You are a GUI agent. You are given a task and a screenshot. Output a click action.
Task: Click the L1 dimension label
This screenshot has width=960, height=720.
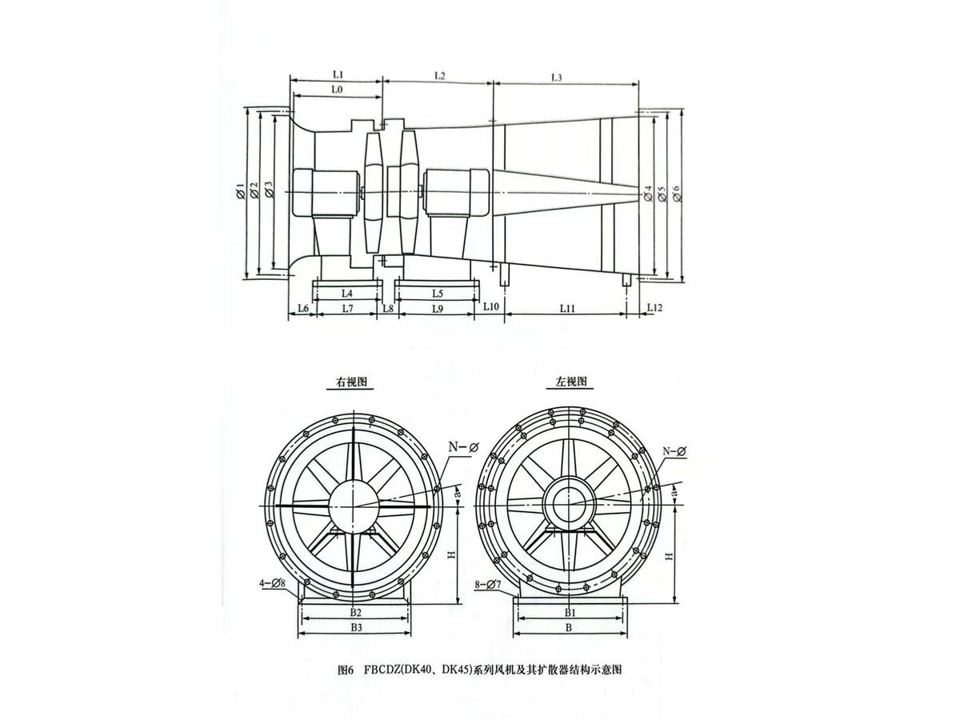pyautogui.click(x=338, y=74)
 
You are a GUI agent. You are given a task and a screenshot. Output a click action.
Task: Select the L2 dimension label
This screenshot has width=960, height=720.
pyautogui.click(x=439, y=76)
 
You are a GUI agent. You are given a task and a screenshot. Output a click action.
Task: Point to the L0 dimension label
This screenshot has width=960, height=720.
pyautogui.click(x=336, y=90)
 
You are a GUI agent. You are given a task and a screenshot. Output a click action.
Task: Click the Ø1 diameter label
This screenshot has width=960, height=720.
pyautogui.click(x=240, y=192)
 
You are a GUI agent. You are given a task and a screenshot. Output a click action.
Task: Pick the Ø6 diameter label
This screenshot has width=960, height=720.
pyautogui.click(x=677, y=194)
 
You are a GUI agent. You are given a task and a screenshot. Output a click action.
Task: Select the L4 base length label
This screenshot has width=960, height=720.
pyautogui.click(x=347, y=293)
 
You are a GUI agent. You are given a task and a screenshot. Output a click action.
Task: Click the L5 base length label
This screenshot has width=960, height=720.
pyautogui.click(x=438, y=293)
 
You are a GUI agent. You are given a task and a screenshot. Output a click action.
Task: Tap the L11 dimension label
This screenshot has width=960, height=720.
pyautogui.click(x=567, y=309)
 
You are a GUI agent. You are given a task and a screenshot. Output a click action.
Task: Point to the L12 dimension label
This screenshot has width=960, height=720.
pyautogui.click(x=654, y=308)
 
